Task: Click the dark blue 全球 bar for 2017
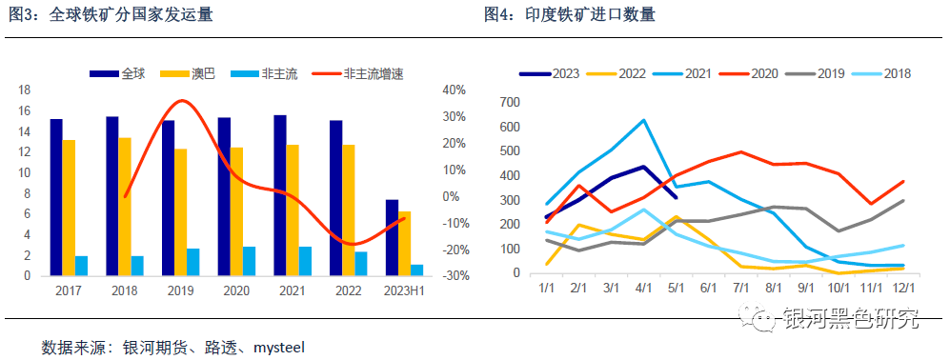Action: [56, 197]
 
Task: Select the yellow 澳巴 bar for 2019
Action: [180, 211]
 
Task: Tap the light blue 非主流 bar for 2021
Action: [306, 261]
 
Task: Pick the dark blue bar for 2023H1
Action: [392, 237]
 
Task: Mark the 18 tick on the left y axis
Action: [26, 90]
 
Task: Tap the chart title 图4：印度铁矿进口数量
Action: [569, 14]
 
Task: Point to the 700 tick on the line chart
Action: [509, 102]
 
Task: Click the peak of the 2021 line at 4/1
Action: [644, 120]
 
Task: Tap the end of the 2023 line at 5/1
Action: [676, 197]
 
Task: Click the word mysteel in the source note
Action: [278, 347]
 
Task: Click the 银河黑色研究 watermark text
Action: [850, 320]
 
